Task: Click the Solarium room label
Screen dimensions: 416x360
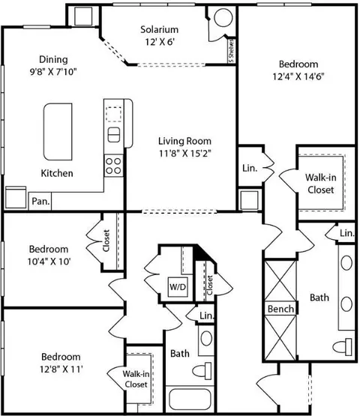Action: click(x=159, y=30)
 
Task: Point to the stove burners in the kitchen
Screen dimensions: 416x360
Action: click(x=113, y=164)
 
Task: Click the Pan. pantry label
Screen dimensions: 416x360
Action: click(x=39, y=201)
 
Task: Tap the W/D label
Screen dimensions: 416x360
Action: click(x=178, y=286)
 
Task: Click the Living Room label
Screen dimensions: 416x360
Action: click(x=184, y=140)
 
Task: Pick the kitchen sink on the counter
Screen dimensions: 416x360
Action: click(x=113, y=135)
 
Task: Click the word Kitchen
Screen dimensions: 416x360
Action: click(x=56, y=173)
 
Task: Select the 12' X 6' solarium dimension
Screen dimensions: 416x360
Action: click(x=159, y=43)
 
